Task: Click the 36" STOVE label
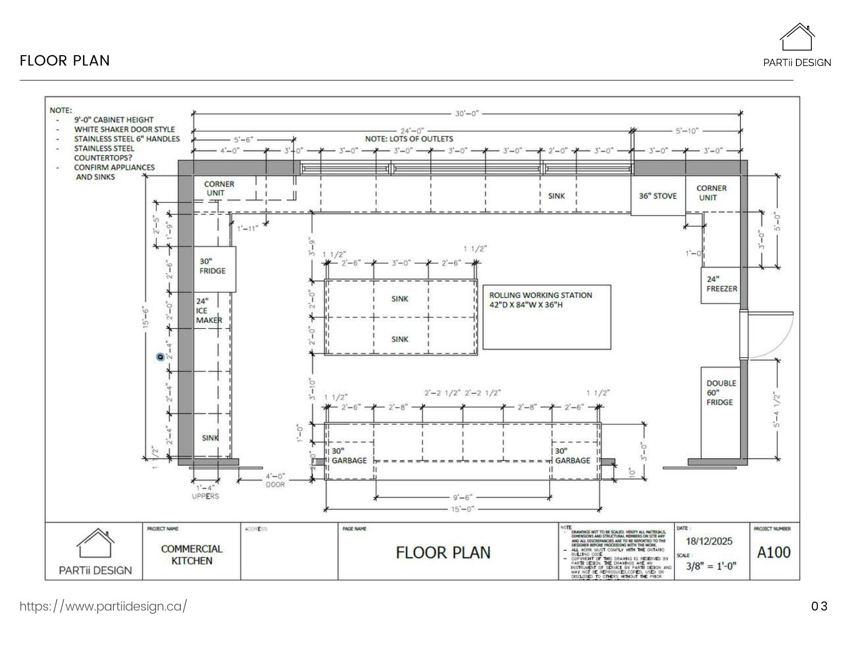(658, 196)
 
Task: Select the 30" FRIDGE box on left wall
(215, 269)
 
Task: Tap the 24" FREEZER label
(721, 284)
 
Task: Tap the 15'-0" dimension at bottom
(463, 509)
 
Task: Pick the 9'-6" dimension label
(463, 497)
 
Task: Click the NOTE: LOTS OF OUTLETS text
(409, 139)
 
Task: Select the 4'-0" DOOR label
(275, 480)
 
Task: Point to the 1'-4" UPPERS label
(205, 492)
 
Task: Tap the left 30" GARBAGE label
(349, 456)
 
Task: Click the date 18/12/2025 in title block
(709, 541)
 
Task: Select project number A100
(774, 553)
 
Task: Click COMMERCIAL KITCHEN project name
(191, 555)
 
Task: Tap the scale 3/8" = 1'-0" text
(711, 566)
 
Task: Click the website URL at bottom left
(103, 606)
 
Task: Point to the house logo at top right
(797, 37)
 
